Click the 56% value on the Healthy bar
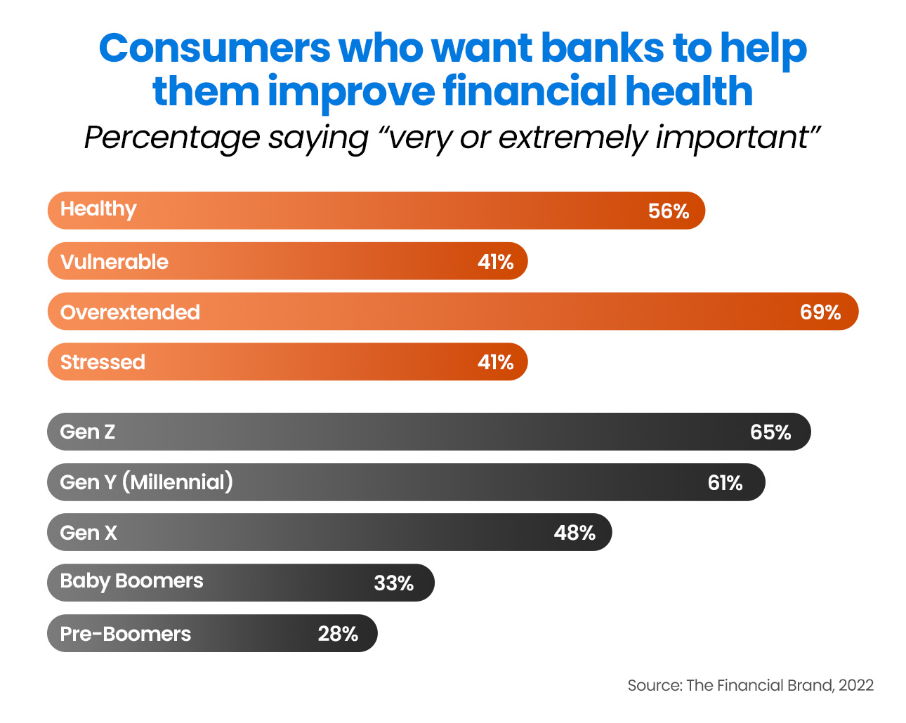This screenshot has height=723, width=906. coord(668,211)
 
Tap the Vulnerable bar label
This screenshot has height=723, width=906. coord(114,262)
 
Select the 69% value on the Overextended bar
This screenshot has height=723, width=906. coord(820,312)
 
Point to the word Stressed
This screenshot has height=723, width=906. coord(103,362)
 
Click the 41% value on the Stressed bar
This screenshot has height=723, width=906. coord(495,362)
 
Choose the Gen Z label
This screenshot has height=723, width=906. coord(87,432)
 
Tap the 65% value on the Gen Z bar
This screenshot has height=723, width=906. coord(770,432)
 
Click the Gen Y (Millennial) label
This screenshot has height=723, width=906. coord(146,482)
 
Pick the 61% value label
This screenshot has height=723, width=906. coord(725,483)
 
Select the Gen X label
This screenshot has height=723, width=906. coord(88,533)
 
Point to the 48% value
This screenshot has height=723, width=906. coord(575,533)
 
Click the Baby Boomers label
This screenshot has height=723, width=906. coord(131,581)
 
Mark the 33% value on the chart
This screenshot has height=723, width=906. coord(393,583)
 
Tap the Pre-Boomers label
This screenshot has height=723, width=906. coord(125,634)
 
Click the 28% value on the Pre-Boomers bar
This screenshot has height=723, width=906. coord(338,634)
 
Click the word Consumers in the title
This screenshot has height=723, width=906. coord(215,48)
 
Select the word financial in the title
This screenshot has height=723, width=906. coord(530,91)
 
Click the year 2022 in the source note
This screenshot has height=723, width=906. coord(856,686)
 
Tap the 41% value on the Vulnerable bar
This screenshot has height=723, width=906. coord(495,262)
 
